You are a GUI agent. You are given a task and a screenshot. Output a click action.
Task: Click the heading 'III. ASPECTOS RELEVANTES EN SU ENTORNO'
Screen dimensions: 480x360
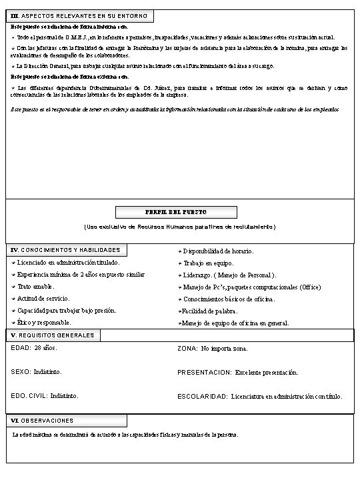81,15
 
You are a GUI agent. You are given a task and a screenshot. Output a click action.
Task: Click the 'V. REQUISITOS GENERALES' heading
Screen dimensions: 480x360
53,335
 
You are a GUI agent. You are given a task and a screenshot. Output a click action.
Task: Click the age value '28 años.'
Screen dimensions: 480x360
46,348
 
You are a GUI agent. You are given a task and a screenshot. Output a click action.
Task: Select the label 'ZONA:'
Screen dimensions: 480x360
187,349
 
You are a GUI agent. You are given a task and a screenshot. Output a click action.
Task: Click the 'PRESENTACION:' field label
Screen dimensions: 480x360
204,372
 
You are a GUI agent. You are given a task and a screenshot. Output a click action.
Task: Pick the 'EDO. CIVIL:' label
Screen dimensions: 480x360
29,395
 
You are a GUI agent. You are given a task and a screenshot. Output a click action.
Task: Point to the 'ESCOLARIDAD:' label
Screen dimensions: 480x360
203,396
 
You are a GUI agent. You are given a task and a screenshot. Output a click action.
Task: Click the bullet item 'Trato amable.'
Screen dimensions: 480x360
36,286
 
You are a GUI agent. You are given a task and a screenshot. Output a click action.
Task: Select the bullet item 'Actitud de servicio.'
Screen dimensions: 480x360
43,298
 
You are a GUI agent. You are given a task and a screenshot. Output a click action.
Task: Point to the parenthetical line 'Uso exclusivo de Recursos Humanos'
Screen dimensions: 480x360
180,227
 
